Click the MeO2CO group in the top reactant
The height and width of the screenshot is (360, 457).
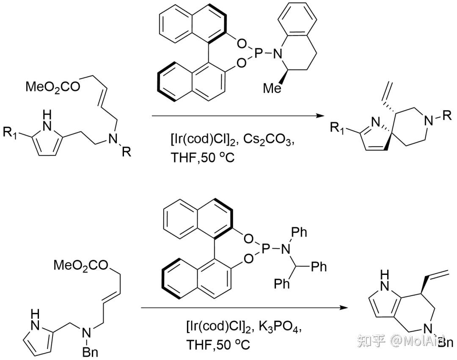(x=52, y=87)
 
